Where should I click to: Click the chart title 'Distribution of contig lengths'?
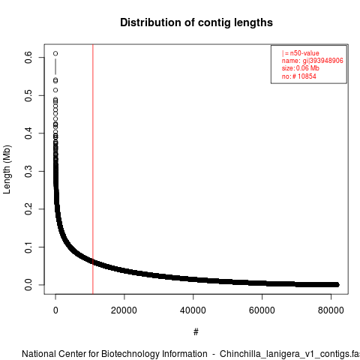tap(196, 22)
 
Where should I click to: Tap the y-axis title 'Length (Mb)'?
tap(7, 169)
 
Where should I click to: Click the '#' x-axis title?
tap(196, 332)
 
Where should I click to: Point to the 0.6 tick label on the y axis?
tap(28, 57)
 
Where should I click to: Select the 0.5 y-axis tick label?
tap(28, 95)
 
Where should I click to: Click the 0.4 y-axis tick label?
tap(28, 133)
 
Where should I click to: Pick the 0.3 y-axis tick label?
tap(28, 171)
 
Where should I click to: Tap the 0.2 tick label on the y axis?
tap(28, 209)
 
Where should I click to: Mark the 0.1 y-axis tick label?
tap(28, 247)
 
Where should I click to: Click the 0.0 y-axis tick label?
tap(28, 285)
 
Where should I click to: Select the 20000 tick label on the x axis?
tap(124, 310)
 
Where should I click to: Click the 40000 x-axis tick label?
tap(193, 310)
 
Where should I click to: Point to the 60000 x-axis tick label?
tap(262, 310)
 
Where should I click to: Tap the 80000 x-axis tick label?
tap(331, 310)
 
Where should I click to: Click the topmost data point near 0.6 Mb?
tap(55, 53)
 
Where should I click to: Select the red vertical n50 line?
tap(93, 169)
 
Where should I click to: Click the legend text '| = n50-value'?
tap(301, 53)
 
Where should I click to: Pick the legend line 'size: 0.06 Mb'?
tap(301, 68)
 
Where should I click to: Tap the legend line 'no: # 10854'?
tap(299, 76)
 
